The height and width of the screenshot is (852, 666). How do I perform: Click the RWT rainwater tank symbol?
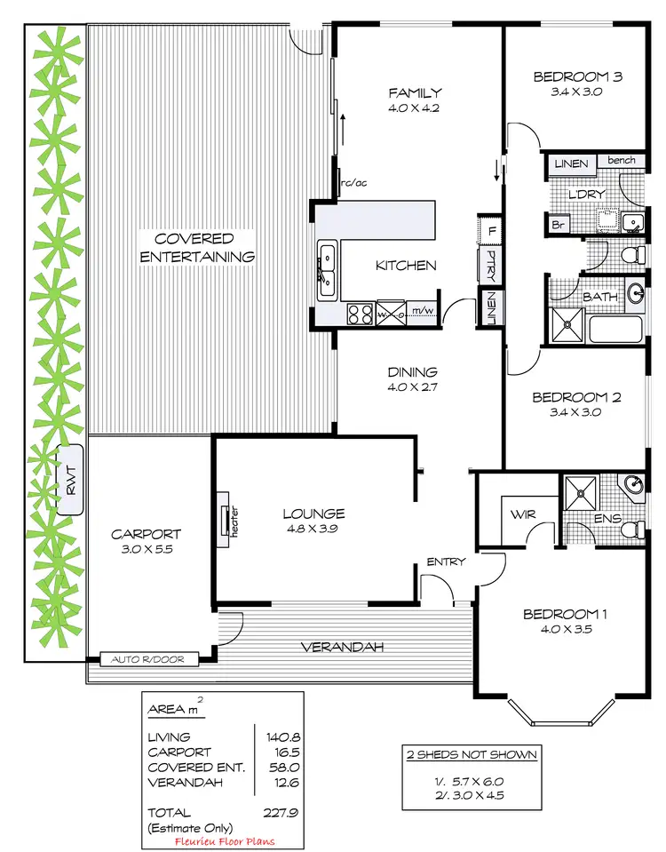70,480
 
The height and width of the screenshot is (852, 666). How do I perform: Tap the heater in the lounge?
224,514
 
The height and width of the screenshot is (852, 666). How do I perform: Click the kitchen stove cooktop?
360,313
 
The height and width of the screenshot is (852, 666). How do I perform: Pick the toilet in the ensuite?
630,530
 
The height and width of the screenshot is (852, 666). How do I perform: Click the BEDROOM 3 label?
576,77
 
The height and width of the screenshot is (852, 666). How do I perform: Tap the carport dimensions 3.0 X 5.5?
146,551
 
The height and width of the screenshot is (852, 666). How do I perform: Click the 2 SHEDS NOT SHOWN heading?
471,755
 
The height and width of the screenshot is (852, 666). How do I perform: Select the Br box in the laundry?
559,226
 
